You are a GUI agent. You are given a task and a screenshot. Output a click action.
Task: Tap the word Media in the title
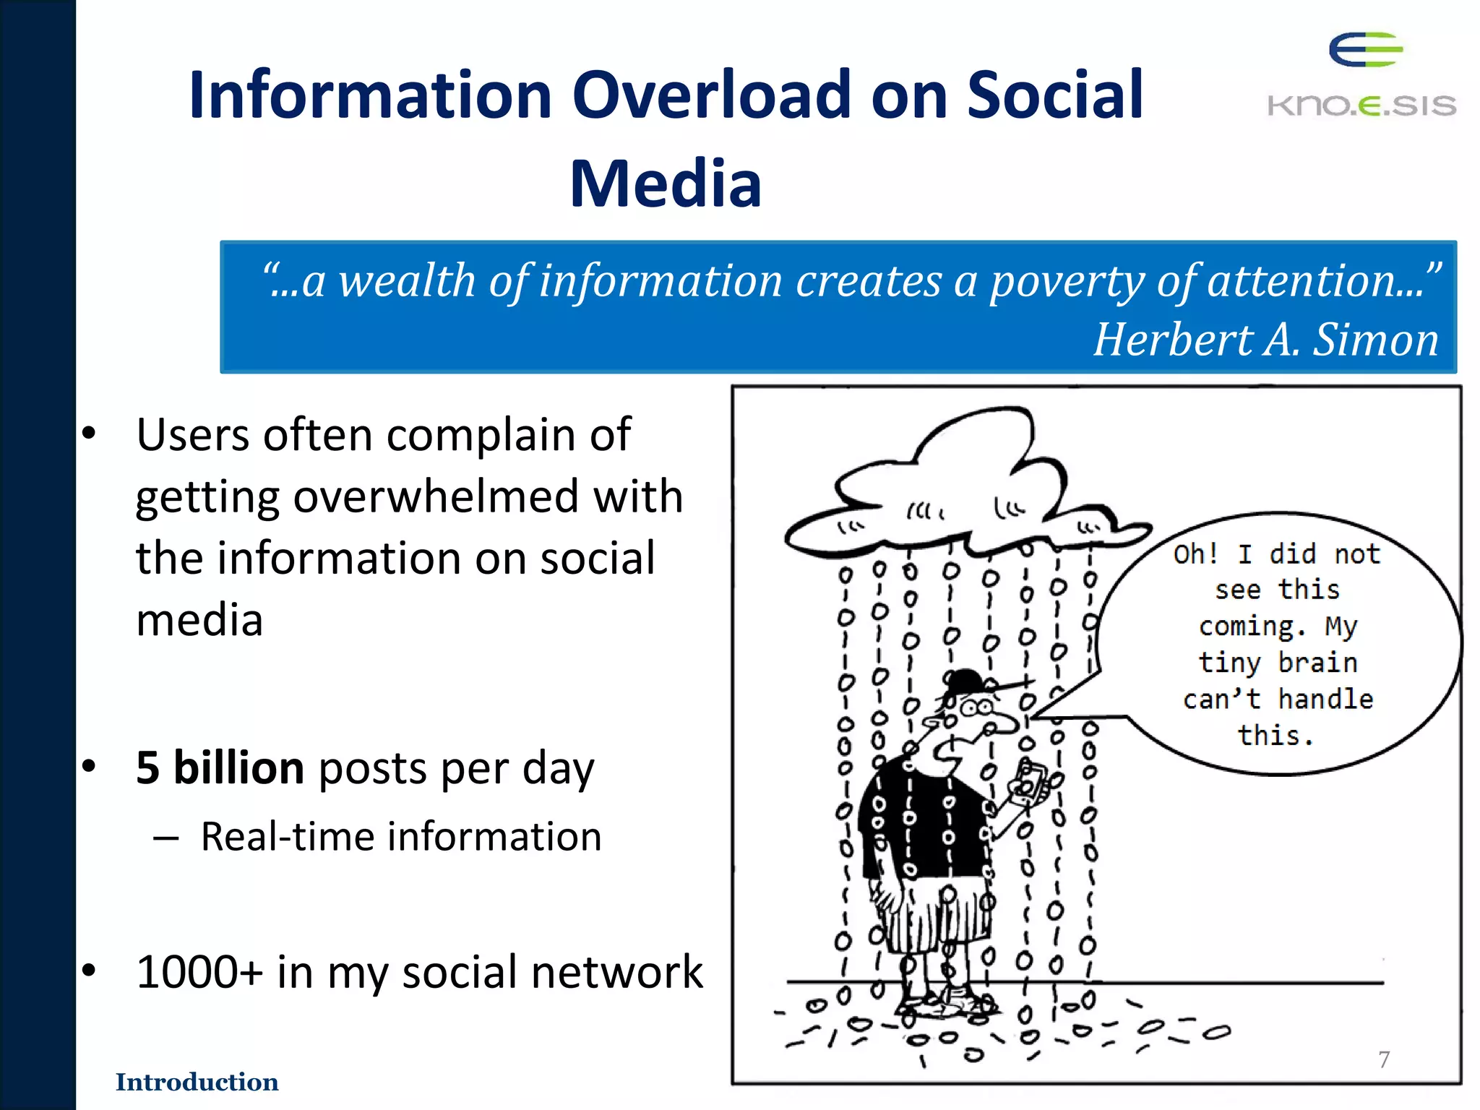point(665,184)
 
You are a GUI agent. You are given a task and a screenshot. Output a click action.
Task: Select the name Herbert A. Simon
point(1265,340)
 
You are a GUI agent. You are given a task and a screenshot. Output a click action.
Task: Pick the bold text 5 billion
point(220,767)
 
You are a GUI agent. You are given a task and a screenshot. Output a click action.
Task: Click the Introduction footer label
point(197,1082)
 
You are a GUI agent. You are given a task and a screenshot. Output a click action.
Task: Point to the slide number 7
point(1384,1059)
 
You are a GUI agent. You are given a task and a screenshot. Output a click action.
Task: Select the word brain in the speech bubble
point(1317,663)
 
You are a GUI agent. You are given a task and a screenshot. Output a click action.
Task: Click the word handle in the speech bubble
point(1325,700)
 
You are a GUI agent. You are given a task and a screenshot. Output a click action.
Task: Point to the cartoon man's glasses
point(976,707)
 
